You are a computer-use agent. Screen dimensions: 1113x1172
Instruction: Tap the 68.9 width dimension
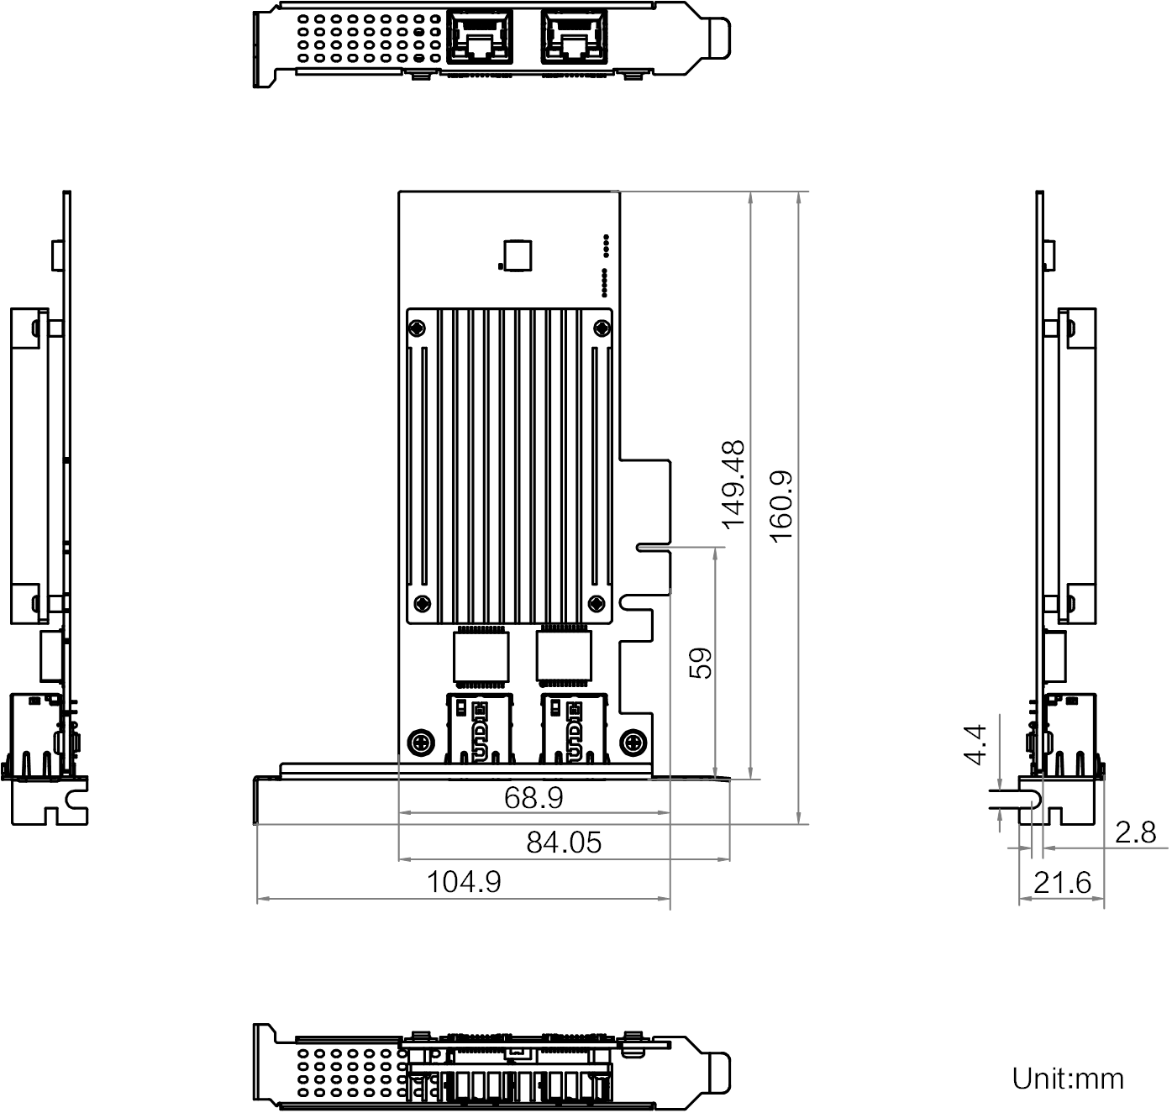point(533,797)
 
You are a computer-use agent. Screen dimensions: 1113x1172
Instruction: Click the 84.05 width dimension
point(564,842)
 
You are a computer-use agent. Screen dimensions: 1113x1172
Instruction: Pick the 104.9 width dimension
point(464,882)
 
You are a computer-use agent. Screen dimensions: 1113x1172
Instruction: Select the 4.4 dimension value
point(975,745)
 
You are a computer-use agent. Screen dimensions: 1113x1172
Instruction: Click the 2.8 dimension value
point(1136,832)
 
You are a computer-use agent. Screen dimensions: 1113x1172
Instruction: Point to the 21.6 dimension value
point(1062,883)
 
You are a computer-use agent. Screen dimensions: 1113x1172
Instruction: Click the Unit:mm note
point(1068,1078)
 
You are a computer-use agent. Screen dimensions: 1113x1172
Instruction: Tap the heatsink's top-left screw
point(418,328)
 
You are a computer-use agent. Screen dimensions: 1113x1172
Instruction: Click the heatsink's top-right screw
point(601,328)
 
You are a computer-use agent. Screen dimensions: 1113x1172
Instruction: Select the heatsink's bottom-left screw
point(423,602)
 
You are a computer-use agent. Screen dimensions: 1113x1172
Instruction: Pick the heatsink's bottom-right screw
point(597,602)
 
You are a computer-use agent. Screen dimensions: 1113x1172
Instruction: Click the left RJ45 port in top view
point(481,37)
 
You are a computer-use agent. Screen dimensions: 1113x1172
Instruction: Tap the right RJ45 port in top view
point(573,37)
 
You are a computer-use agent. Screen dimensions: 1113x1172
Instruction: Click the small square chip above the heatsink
point(515,255)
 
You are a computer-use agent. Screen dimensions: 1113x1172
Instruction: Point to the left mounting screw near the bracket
point(420,742)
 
